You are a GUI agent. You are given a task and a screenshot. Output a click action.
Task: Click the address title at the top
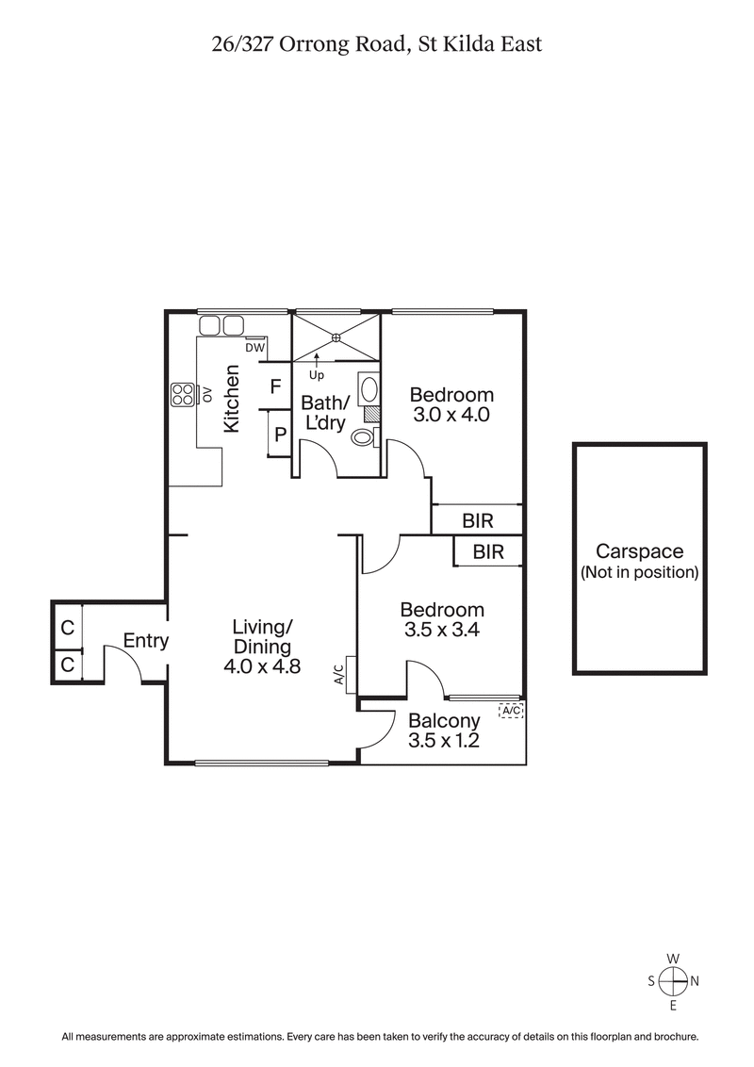click(x=377, y=44)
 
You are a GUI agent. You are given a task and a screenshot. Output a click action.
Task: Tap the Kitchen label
click(x=232, y=400)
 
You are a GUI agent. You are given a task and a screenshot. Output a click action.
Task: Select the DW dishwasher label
click(x=254, y=347)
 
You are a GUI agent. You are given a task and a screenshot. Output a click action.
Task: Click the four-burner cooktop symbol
click(x=182, y=394)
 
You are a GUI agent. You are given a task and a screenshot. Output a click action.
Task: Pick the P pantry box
click(x=280, y=435)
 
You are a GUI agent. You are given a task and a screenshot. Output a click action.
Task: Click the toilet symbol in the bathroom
click(x=361, y=437)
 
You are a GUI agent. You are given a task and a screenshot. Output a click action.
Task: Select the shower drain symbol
click(x=336, y=337)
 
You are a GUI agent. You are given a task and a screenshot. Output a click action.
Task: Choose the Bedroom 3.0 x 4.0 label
click(x=451, y=404)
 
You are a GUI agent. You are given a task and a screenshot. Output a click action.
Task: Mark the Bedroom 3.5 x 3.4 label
click(x=442, y=620)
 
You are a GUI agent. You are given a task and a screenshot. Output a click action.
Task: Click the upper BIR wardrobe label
click(x=478, y=519)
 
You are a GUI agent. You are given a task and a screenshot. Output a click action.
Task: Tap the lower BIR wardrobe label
click(x=488, y=552)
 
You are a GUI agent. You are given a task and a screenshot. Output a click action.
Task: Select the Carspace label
click(x=639, y=561)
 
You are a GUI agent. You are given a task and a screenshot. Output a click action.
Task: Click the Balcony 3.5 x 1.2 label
click(x=443, y=731)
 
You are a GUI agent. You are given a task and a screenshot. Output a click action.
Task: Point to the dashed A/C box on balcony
click(x=510, y=711)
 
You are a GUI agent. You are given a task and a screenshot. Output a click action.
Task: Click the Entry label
click(x=146, y=641)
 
